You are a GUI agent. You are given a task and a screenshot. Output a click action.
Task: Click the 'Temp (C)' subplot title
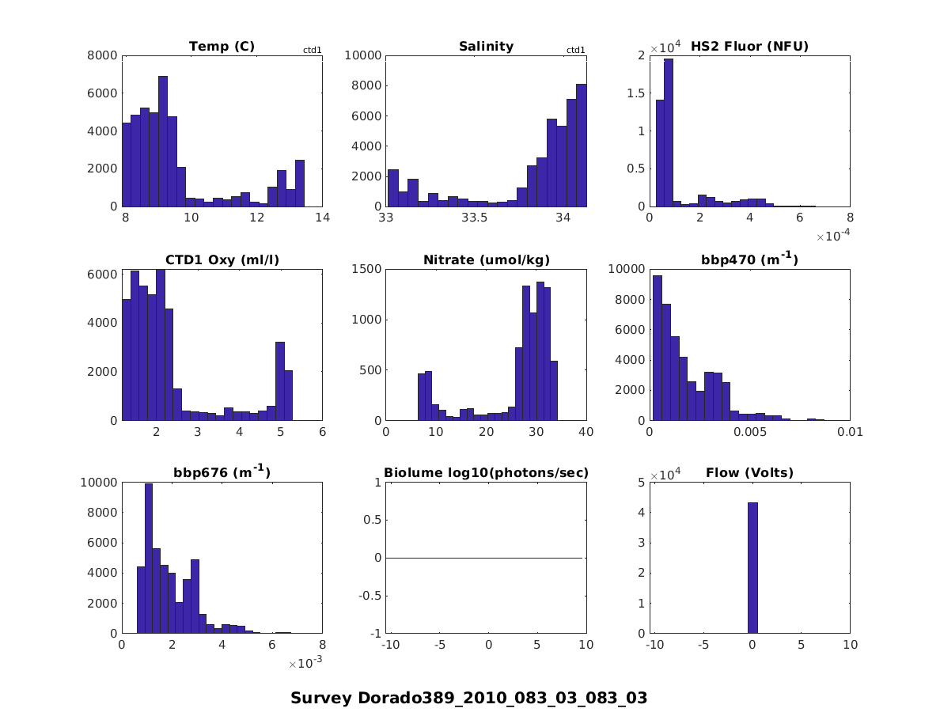[x=222, y=47]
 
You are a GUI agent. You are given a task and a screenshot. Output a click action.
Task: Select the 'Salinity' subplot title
[x=486, y=47]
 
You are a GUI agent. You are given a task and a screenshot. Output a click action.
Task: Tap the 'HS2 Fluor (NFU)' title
[x=749, y=47]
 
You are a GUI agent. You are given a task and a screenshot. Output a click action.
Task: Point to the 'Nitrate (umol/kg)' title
[x=486, y=259]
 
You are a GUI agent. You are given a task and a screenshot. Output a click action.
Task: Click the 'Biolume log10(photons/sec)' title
[x=486, y=473]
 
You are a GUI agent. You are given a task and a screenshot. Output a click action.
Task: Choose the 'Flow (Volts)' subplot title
[x=749, y=473]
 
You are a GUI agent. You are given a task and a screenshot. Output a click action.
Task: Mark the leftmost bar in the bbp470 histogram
[x=657, y=347]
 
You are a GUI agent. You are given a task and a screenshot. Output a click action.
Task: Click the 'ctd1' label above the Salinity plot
[x=575, y=51]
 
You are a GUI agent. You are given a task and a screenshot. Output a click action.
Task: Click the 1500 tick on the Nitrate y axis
[x=369, y=269]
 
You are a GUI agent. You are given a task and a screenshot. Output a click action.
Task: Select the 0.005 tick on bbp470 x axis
[x=749, y=432]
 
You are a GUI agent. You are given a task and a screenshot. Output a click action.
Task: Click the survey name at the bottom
[x=469, y=698]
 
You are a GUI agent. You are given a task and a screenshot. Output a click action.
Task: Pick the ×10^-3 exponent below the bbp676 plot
[x=305, y=663]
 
